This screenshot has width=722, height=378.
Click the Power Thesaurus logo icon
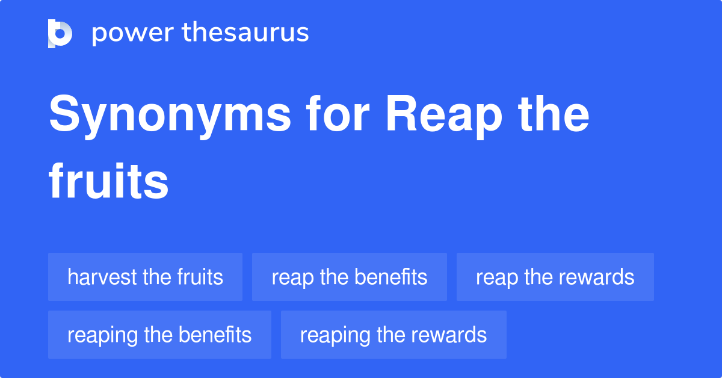[x=60, y=33]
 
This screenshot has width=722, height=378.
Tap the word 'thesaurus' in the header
[x=246, y=33]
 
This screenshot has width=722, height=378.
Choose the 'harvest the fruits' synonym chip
[x=145, y=277]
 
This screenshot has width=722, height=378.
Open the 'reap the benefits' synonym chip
[x=349, y=277]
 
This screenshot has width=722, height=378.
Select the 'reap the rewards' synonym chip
[x=555, y=277]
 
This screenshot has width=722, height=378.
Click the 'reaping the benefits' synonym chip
[x=159, y=335]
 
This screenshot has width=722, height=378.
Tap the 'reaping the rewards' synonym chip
[x=393, y=335]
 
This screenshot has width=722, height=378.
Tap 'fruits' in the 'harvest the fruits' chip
[x=200, y=277]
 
